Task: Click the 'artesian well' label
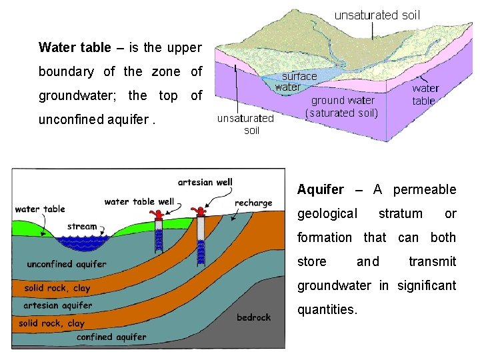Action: coord(205,182)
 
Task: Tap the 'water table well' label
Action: coord(139,201)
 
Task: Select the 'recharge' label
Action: coord(253,203)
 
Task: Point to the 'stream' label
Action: coord(82,227)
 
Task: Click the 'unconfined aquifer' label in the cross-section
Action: coord(66,264)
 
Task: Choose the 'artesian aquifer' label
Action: coord(57,305)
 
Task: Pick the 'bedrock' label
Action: coord(253,317)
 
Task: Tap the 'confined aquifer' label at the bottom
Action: coord(111,337)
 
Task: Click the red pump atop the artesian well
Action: coord(198,212)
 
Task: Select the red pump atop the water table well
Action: coord(158,215)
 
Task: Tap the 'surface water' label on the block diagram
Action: coord(296,81)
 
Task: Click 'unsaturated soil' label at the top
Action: coord(377,15)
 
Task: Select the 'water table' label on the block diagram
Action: coord(424,94)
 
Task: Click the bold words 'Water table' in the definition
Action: coord(75,47)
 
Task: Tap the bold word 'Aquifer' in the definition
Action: coord(320,190)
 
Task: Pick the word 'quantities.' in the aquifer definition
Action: coord(327,310)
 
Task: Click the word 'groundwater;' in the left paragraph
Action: coord(75,95)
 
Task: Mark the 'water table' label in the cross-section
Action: coord(40,209)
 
